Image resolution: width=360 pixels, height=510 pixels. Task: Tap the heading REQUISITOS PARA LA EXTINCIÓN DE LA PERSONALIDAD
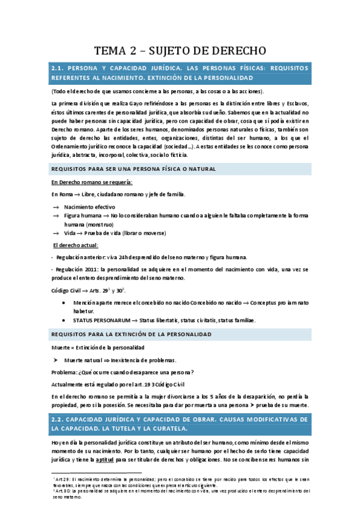[x=131, y=333]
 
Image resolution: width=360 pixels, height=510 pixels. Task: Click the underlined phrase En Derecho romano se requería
[x=92, y=182]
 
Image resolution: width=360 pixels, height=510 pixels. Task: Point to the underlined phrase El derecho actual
[x=75, y=245]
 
